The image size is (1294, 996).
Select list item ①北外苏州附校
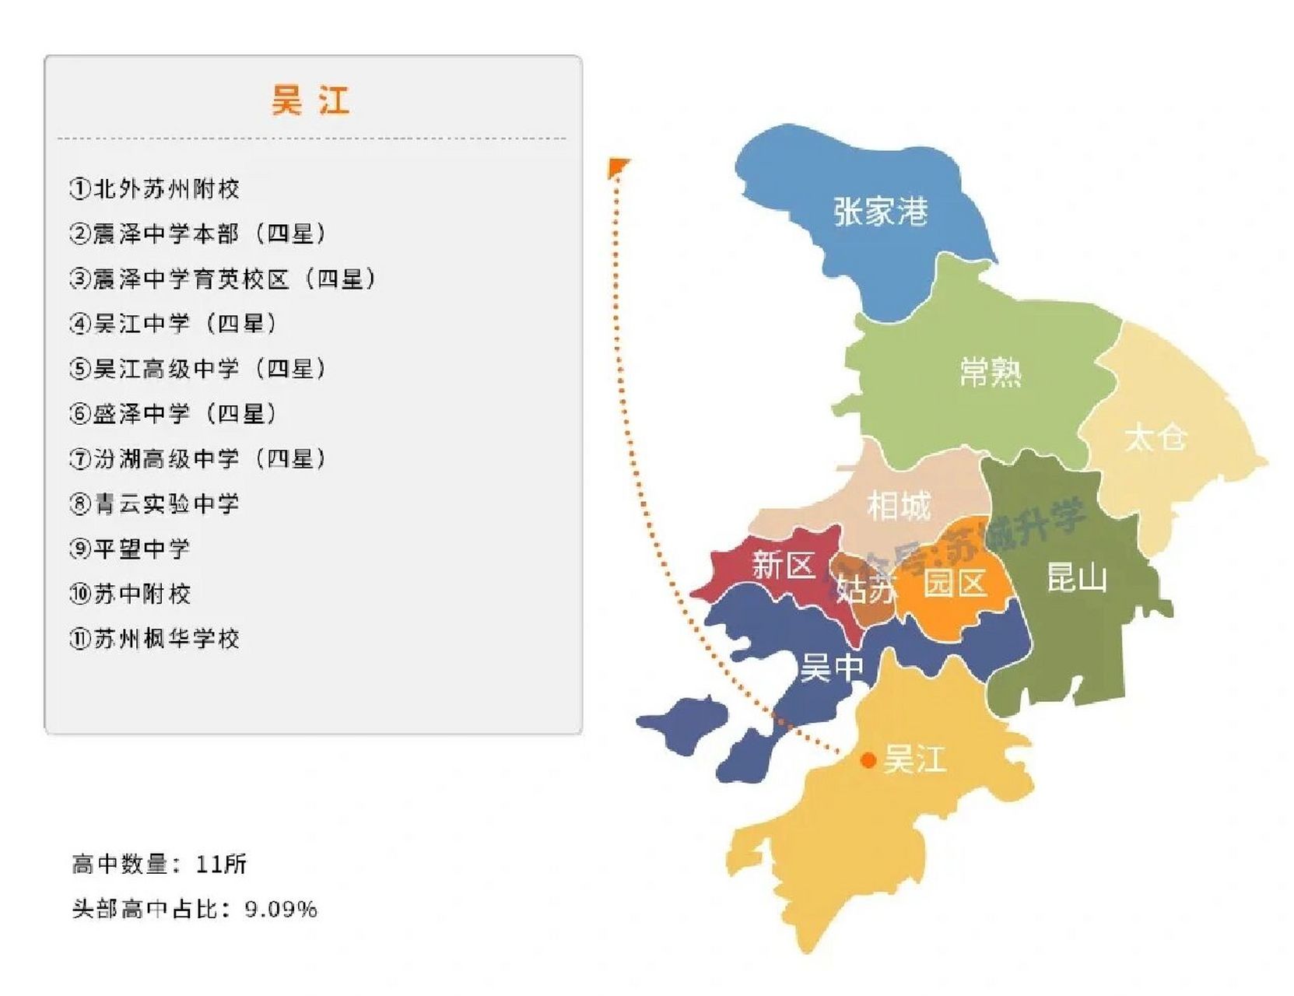coord(154,189)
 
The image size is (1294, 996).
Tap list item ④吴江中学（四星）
coord(173,324)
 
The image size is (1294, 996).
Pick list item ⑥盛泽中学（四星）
coord(173,414)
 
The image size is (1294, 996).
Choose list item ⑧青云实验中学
coord(154,504)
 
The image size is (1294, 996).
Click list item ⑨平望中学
coord(129,549)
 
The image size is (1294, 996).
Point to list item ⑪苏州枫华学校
coord(154,639)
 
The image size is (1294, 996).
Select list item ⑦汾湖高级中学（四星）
coord(198,459)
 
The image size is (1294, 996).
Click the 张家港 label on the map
coord(881,211)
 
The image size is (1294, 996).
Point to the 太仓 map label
coord(1155,437)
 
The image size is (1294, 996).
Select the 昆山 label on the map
coord(1077,578)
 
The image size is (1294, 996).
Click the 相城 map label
coord(899,506)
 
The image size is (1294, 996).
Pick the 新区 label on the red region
coord(783,565)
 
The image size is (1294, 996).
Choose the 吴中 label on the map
coord(832,668)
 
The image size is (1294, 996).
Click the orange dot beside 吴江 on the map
coord(868,760)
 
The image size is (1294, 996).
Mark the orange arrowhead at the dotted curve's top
coord(619,166)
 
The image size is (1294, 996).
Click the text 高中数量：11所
coord(160,864)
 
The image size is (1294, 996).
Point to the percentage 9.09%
coord(281,909)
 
